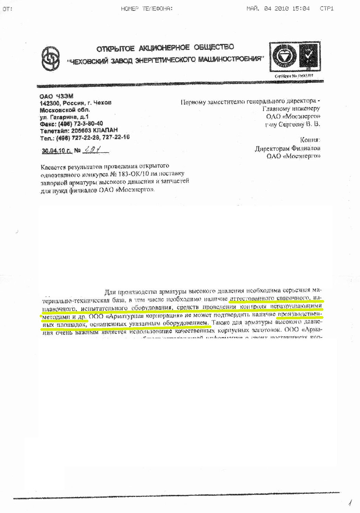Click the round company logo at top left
[50, 59]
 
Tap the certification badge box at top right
[295, 57]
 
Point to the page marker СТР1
[326, 9]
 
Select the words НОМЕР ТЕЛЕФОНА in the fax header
[147, 9]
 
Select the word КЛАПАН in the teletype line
[106, 130]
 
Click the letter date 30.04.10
[53, 151]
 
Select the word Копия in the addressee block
[310, 140]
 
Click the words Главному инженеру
[291, 109]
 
